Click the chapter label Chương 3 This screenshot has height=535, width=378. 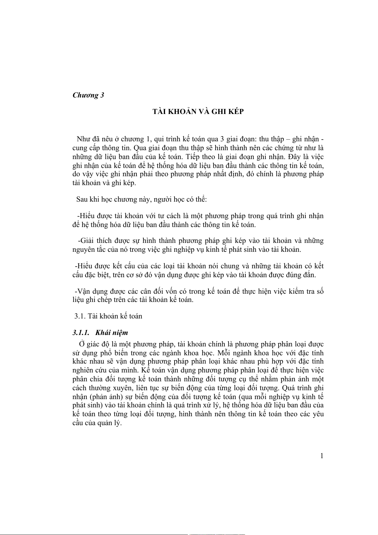pos(88,95)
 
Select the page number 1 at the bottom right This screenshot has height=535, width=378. pos(322,456)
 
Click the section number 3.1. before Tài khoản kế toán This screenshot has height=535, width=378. pos(80,316)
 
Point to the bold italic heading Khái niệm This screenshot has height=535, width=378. pos(111,333)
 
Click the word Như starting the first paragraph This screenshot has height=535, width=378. pos(83,139)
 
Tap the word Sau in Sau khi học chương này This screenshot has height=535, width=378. pos(82,199)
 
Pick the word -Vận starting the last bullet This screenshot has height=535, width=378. pos(82,291)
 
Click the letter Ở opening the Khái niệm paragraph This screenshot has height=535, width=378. pos(82,344)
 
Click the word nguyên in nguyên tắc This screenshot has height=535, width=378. pos(83,250)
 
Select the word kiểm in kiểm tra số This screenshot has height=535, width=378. pos(295,291)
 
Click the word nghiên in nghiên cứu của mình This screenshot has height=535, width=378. pos(83,371)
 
